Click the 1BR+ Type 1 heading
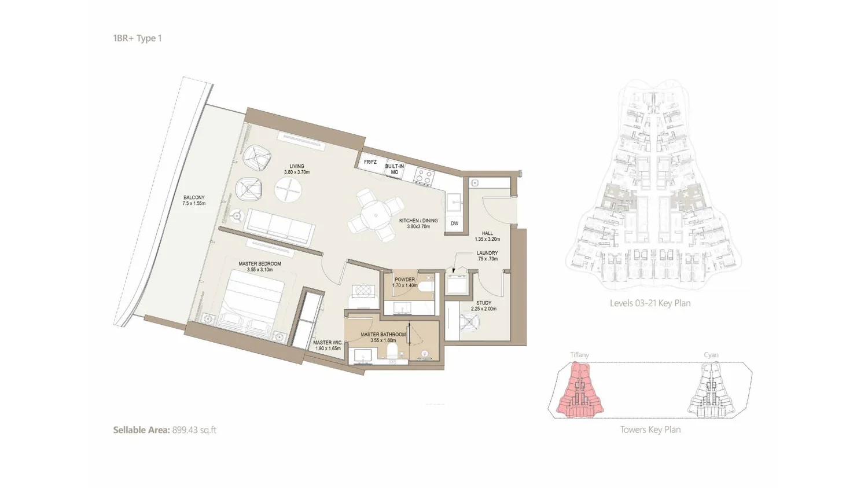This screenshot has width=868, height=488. point(137,38)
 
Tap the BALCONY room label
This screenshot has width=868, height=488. point(194,197)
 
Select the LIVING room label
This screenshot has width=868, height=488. point(297,166)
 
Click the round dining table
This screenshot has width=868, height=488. point(376,215)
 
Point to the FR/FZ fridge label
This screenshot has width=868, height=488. point(370,162)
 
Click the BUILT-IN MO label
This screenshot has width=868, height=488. point(395,169)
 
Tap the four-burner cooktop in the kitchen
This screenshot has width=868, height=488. point(424,177)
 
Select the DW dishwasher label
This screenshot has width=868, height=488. point(454,223)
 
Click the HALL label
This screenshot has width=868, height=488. point(487,233)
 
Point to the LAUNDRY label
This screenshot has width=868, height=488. point(487,253)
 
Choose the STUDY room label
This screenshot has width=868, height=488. point(484,303)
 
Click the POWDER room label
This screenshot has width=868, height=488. point(404,280)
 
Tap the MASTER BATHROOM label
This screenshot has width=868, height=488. point(383,335)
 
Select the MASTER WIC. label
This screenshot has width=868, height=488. point(328,343)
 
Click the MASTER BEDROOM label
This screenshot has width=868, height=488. point(260,263)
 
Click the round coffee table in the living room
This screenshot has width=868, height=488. point(288,189)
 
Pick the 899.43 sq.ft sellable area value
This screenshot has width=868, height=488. point(194,430)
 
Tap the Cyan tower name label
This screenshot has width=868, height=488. point(711,355)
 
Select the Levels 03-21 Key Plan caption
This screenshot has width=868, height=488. point(650,303)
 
